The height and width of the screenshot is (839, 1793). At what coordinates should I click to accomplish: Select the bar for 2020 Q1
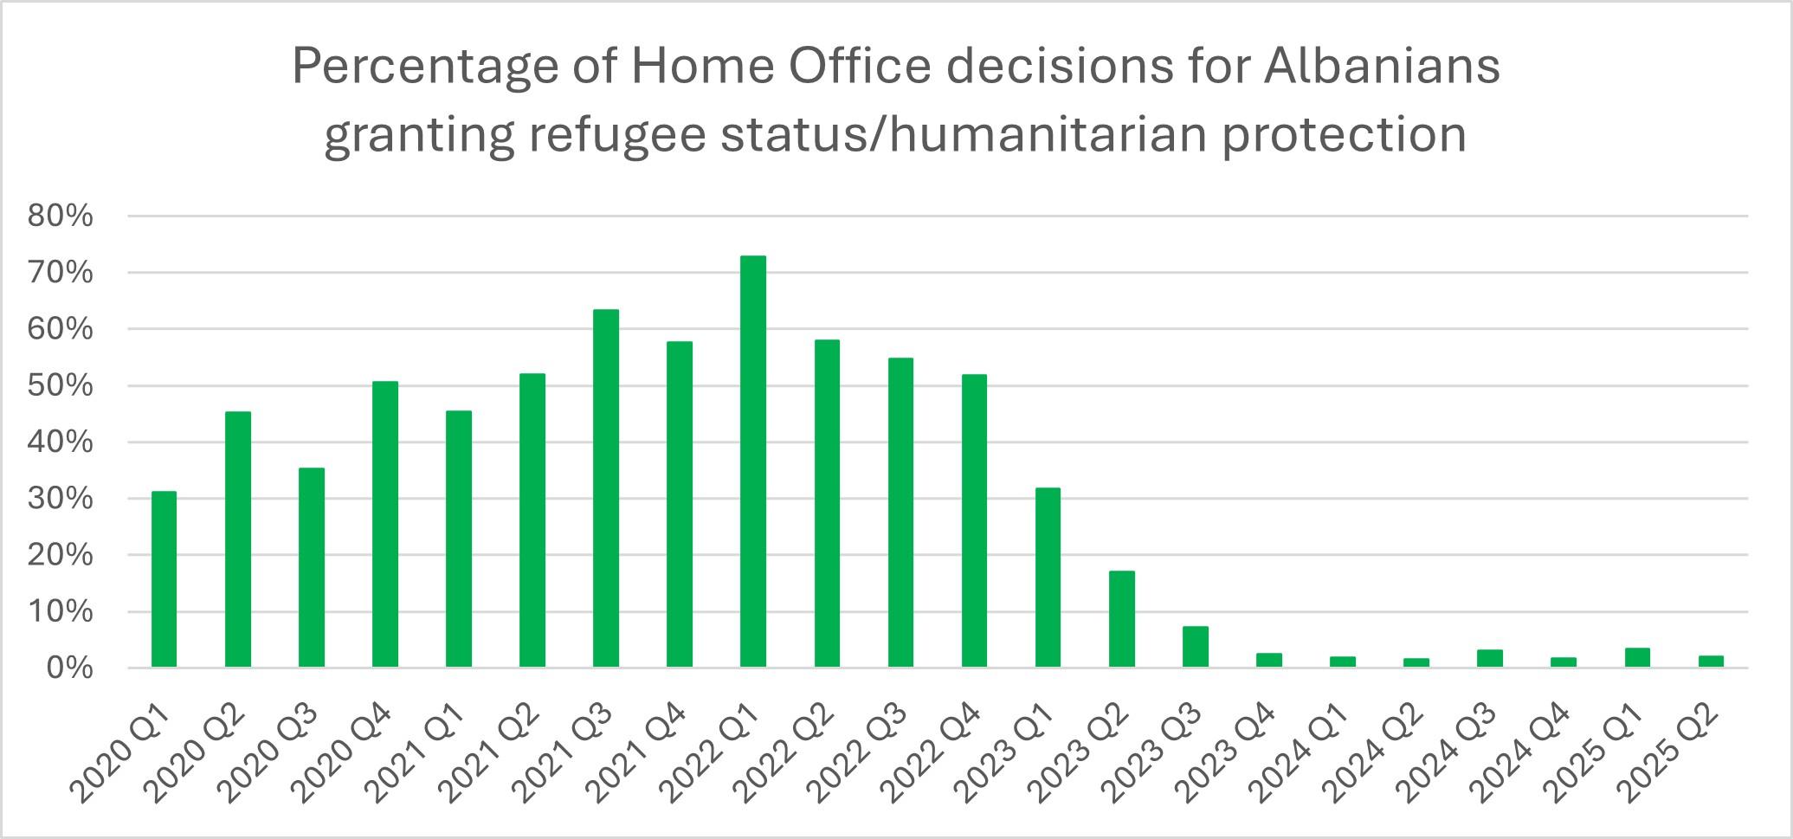pyautogui.click(x=164, y=579)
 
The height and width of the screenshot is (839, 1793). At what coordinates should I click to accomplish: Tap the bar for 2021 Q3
pyautogui.click(x=606, y=488)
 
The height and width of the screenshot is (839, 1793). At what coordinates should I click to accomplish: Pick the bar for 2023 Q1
pyautogui.click(x=1048, y=578)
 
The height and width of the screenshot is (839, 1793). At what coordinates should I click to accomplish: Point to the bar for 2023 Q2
pyautogui.click(x=1121, y=619)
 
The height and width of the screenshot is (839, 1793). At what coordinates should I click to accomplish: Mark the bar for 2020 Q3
pyautogui.click(x=312, y=567)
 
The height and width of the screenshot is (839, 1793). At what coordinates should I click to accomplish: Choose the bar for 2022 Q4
pyautogui.click(x=974, y=520)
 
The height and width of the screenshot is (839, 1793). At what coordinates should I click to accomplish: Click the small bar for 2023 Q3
pyautogui.click(x=1195, y=647)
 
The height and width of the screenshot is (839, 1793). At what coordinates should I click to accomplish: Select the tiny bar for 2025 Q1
pyautogui.click(x=1637, y=658)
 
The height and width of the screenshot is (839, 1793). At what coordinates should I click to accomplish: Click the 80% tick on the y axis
pyautogui.click(x=61, y=216)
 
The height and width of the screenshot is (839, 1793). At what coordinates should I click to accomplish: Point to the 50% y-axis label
pyautogui.click(x=61, y=386)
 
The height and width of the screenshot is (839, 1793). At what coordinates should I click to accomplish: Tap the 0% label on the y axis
pyautogui.click(x=69, y=668)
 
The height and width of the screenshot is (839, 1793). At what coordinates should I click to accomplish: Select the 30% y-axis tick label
pyautogui.click(x=61, y=500)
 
